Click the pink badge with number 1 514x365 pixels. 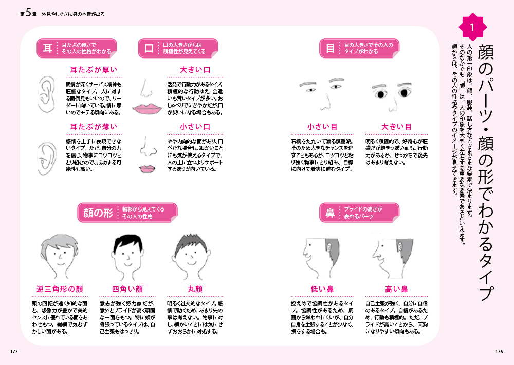coord(472,27)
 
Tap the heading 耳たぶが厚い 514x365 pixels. coord(94,70)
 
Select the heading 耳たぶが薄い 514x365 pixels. coord(94,127)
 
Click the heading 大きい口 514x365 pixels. coord(195,70)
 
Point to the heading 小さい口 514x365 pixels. coord(195,127)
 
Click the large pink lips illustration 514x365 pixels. coord(147,109)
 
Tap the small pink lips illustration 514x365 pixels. coord(147,168)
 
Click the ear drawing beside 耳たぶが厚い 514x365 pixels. coord(47,94)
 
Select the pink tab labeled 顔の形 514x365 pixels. coord(127,213)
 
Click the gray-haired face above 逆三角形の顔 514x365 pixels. coord(60,256)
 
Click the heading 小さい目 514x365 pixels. coord(322,127)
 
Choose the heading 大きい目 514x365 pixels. coord(396,127)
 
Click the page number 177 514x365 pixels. coord(14,351)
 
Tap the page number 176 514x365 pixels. coord(499,351)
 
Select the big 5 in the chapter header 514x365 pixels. coord(28,13)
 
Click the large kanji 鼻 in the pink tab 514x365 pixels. coord(330,213)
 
